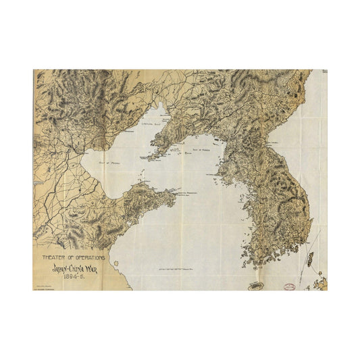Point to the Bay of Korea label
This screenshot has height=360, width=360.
pos(202,149)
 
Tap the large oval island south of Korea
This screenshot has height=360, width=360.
pos(256,286)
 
